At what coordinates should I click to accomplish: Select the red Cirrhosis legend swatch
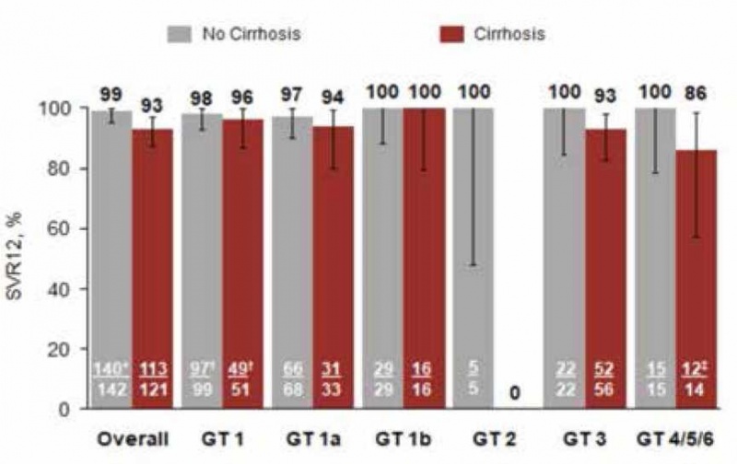[452, 35]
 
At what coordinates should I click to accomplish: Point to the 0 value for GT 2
[517, 393]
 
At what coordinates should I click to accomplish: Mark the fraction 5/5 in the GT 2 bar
[473, 377]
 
